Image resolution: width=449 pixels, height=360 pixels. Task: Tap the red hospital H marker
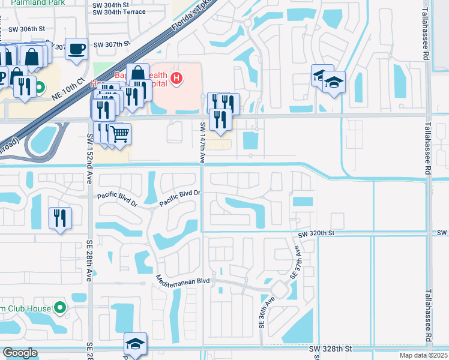pos(176,77)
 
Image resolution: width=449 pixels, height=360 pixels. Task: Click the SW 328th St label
pos(329,349)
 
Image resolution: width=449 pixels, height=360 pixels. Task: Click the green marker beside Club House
pos(59,308)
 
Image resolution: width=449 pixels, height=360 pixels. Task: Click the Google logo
pos(20,352)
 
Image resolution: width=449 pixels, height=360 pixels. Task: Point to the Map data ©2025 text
pos(424,355)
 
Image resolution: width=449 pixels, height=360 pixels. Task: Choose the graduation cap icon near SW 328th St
pos(135,345)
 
